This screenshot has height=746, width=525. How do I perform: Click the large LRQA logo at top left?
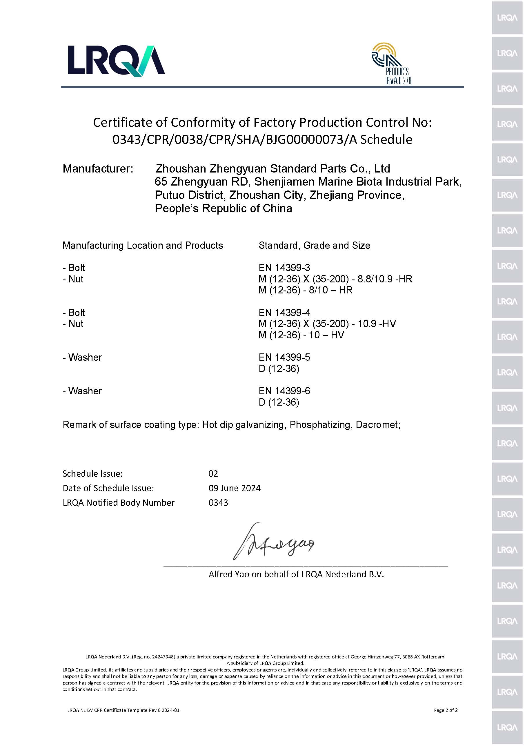[x=116, y=61]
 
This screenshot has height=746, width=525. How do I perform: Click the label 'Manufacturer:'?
[x=98, y=169]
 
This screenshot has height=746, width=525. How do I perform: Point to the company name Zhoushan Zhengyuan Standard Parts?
[x=273, y=169]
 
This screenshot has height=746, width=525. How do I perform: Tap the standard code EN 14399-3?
[x=284, y=268]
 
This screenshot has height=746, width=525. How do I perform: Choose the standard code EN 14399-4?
[x=284, y=313]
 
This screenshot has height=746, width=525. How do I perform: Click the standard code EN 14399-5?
[x=284, y=357]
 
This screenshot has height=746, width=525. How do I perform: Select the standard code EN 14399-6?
[x=284, y=391]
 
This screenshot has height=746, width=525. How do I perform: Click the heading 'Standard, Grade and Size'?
[x=314, y=245]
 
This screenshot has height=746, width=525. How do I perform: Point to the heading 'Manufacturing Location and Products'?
[x=143, y=245]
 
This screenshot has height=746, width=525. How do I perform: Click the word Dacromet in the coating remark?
[x=377, y=425]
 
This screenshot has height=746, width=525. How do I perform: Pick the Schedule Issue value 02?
[x=213, y=474]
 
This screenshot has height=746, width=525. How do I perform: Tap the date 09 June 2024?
[x=234, y=488]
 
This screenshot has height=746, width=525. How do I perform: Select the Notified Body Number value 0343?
[x=218, y=503]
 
